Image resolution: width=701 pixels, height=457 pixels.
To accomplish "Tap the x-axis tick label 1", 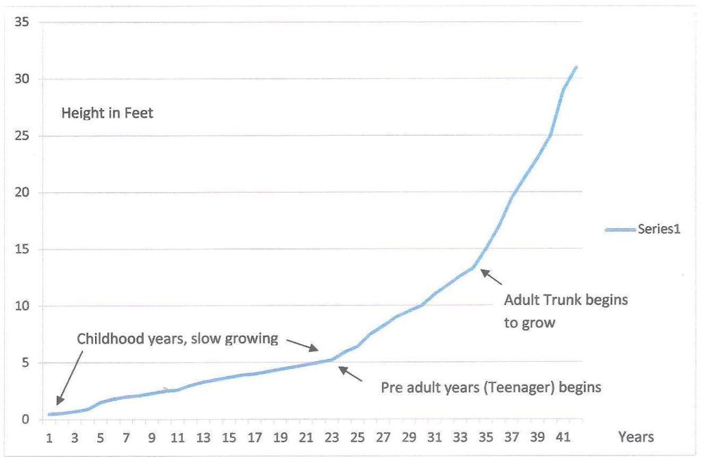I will (49, 438).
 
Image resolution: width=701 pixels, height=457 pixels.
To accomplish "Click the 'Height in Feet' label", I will (107, 113).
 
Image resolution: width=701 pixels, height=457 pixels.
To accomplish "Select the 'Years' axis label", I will (636, 436).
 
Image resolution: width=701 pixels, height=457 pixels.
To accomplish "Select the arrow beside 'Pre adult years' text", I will (350, 374).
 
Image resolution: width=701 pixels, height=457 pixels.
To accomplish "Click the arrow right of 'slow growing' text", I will (302, 344).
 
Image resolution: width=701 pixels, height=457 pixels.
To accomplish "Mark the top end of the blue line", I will (576, 66).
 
